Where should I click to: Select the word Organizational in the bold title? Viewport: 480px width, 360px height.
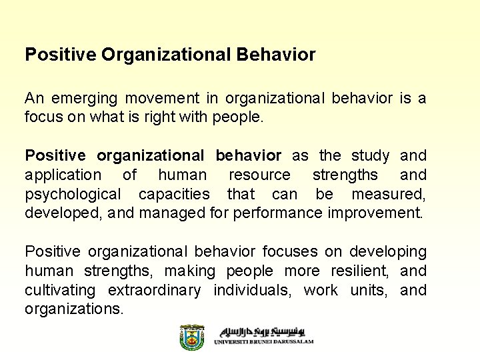[x=166, y=55]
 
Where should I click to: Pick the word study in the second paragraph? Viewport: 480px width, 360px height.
[x=371, y=156]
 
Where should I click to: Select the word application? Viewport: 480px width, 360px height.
[x=63, y=175]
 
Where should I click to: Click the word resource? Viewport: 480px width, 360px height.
[x=259, y=175]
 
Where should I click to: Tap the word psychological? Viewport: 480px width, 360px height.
[x=73, y=195]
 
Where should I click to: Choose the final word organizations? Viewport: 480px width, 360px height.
[x=74, y=310]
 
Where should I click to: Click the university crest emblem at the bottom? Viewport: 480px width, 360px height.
[x=192, y=337]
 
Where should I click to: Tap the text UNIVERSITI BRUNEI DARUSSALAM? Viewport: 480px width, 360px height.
[x=263, y=341]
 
